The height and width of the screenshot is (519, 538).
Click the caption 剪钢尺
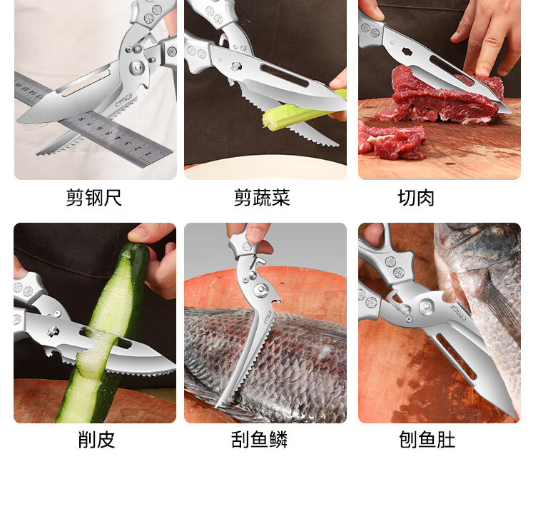tap(93, 198)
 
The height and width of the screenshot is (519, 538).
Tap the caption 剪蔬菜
tap(262, 198)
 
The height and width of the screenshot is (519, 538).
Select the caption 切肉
tap(416, 198)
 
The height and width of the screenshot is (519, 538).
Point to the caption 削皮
tap(96, 440)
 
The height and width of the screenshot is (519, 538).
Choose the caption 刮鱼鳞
tap(260, 440)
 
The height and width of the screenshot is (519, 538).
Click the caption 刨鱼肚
tap(427, 440)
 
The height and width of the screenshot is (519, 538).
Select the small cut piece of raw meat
tap(391, 140)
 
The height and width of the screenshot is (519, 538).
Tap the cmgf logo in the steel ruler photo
tap(124, 99)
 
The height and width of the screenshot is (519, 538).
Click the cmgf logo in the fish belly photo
tap(458, 311)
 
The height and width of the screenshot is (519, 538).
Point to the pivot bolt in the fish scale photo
tap(260, 291)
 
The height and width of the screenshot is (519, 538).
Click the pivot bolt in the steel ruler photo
tap(138, 66)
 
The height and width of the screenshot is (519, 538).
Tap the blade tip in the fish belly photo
tap(513, 416)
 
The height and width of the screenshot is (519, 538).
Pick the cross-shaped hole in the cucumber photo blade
tap(54, 331)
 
